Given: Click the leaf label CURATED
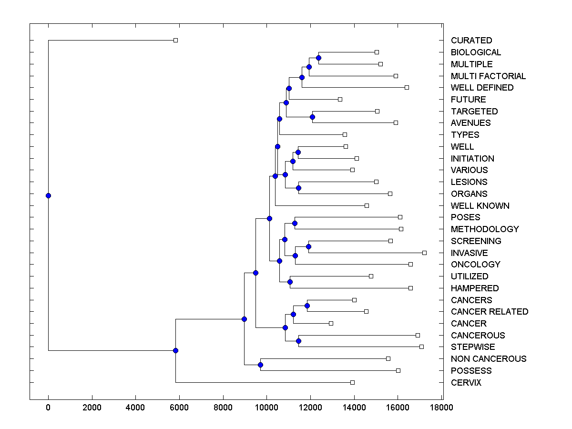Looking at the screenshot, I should click(x=471, y=41).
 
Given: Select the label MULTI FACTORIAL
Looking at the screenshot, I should click(x=488, y=76).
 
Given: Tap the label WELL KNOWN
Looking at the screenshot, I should click(x=480, y=206).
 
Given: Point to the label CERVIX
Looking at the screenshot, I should click(x=466, y=383).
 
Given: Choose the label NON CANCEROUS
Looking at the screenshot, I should click(x=488, y=359).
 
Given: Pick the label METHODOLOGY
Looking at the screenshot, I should click(x=484, y=229).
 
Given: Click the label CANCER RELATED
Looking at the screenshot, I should click(x=489, y=312).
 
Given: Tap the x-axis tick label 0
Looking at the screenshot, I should click(x=48, y=408).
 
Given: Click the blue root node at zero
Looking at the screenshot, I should click(x=48, y=195).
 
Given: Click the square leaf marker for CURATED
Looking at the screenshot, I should click(x=175, y=40).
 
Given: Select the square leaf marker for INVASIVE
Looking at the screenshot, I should click(x=424, y=253).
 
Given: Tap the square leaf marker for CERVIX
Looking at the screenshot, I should click(x=352, y=382).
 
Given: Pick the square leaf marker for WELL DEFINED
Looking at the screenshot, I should click(x=407, y=87).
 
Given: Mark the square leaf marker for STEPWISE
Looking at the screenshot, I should click(x=421, y=347).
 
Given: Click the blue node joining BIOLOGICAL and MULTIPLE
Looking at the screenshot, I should click(x=318, y=58).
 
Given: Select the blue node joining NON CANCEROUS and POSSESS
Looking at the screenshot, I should click(x=260, y=365).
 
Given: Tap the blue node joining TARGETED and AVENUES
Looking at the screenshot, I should click(x=312, y=117).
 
